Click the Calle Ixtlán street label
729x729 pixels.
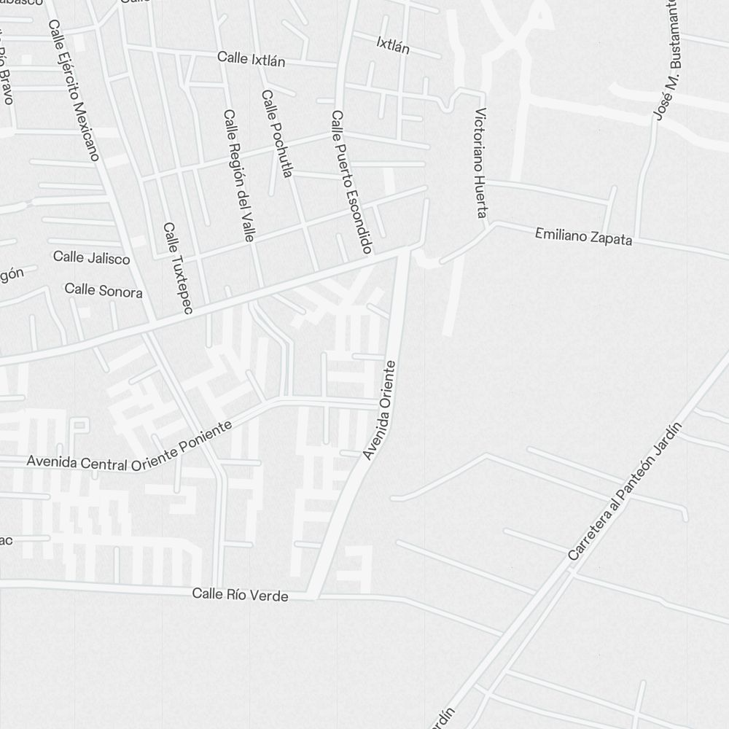click(x=251, y=59)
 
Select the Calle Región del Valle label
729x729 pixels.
click(x=238, y=176)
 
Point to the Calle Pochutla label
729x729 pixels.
click(x=277, y=133)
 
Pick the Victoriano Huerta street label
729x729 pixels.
click(x=480, y=163)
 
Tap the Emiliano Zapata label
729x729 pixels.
click(x=583, y=236)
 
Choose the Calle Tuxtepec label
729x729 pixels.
click(x=177, y=268)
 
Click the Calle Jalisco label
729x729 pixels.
click(x=92, y=257)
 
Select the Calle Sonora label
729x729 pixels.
click(x=104, y=290)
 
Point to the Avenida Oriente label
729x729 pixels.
click(x=380, y=410)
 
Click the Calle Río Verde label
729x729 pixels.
click(x=240, y=595)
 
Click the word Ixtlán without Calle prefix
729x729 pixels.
click(x=393, y=45)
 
